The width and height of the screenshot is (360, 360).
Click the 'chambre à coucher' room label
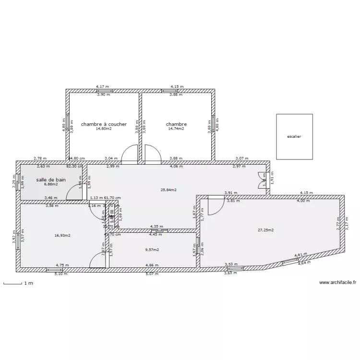pyautogui.click(x=104, y=124)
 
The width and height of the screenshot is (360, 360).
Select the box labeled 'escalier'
pyautogui.click(x=294, y=136)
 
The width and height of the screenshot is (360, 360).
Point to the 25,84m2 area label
pyautogui.click(x=168, y=190)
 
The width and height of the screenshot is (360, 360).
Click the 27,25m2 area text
pyautogui.click(x=265, y=230)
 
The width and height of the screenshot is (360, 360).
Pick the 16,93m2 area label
pyautogui.click(x=63, y=236)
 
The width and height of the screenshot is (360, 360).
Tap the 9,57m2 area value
pyautogui.click(x=152, y=250)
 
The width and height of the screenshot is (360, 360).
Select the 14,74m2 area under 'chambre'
pyautogui.click(x=176, y=129)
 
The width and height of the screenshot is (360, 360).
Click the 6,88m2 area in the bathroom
pyautogui.click(x=51, y=184)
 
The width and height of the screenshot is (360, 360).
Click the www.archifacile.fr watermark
pyautogui.click(x=337, y=283)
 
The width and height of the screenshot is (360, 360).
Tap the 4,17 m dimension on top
pyautogui.click(x=103, y=87)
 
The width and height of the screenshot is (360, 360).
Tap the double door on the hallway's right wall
pyautogui.click(x=262, y=180)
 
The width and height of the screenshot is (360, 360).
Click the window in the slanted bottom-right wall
pyautogui.click(x=290, y=262)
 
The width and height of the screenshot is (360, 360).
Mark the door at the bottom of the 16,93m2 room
pyautogui.click(x=98, y=261)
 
